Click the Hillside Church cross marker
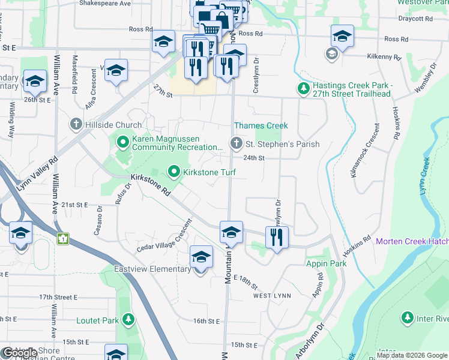click(x=76, y=125)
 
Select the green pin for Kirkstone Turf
click(x=174, y=172)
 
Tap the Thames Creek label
click(x=261, y=125)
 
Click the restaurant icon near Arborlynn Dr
click(x=276, y=237)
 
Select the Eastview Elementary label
click(x=152, y=269)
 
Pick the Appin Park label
click(x=326, y=263)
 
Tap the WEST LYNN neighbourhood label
click(x=271, y=296)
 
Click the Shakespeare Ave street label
click(x=105, y=4)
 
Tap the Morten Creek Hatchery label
click(x=412, y=242)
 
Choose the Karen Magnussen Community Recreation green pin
click(x=123, y=142)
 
